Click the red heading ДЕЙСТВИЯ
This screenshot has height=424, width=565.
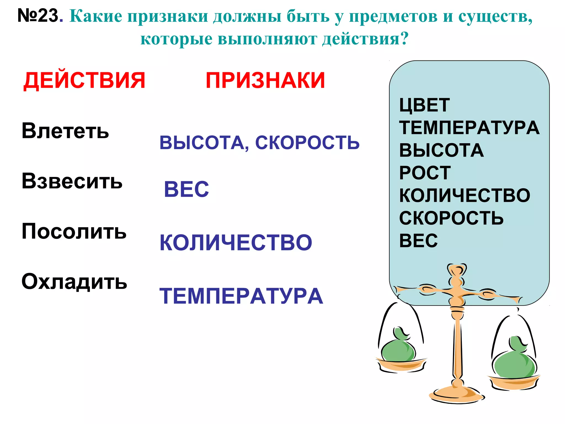(84, 80)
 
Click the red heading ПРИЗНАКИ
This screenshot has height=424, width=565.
(265, 80)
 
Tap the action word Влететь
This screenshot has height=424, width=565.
(65, 131)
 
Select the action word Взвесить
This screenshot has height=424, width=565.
(72, 181)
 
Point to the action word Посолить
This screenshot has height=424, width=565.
(74, 231)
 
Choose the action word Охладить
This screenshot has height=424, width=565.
(74, 282)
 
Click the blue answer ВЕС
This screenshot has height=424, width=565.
(186, 189)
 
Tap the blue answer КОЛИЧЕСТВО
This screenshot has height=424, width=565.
(236, 243)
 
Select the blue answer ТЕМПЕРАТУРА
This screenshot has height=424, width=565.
(241, 296)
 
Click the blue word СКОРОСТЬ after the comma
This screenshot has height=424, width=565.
(307, 143)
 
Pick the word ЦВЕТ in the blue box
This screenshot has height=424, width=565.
(424, 105)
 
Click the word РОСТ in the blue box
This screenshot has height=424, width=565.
(425, 173)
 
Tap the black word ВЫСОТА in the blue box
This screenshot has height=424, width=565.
(441, 150)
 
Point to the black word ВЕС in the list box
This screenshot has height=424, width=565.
(418, 240)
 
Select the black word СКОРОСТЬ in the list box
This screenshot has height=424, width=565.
(451, 218)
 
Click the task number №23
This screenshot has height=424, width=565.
(38, 15)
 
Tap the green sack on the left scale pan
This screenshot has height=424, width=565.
(398, 349)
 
